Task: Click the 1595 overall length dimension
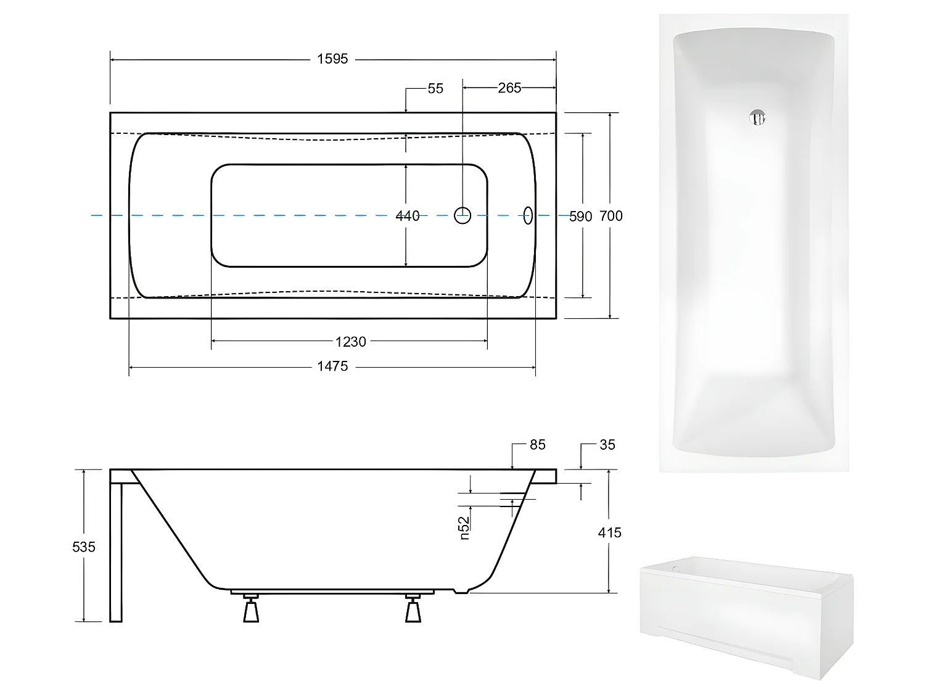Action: [x=332, y=59]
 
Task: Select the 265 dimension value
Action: [x=509, y=88]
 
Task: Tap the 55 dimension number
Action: [x=435, y=89]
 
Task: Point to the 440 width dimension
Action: [x=407, y=216]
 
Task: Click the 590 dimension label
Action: [x=580, y=217]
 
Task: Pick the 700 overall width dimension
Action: [x=611, y=216]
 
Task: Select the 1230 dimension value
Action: [x=350, y=342]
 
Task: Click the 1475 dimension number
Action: [x=332, y=367]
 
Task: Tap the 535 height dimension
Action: [x=84, y=547]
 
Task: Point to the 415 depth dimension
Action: [x=609, y=532]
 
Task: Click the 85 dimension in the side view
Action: [x=537, y=445]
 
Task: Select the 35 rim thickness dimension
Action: [x=607, y=445]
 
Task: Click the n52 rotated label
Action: [x=465, y=528]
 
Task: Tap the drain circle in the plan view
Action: [x=462, y=215]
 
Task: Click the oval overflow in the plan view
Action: [x=528, y=215]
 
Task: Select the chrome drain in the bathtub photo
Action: [x=757, y=118]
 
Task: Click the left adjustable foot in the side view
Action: [x=250, y=609]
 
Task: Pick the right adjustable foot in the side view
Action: [x=413, y=609]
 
